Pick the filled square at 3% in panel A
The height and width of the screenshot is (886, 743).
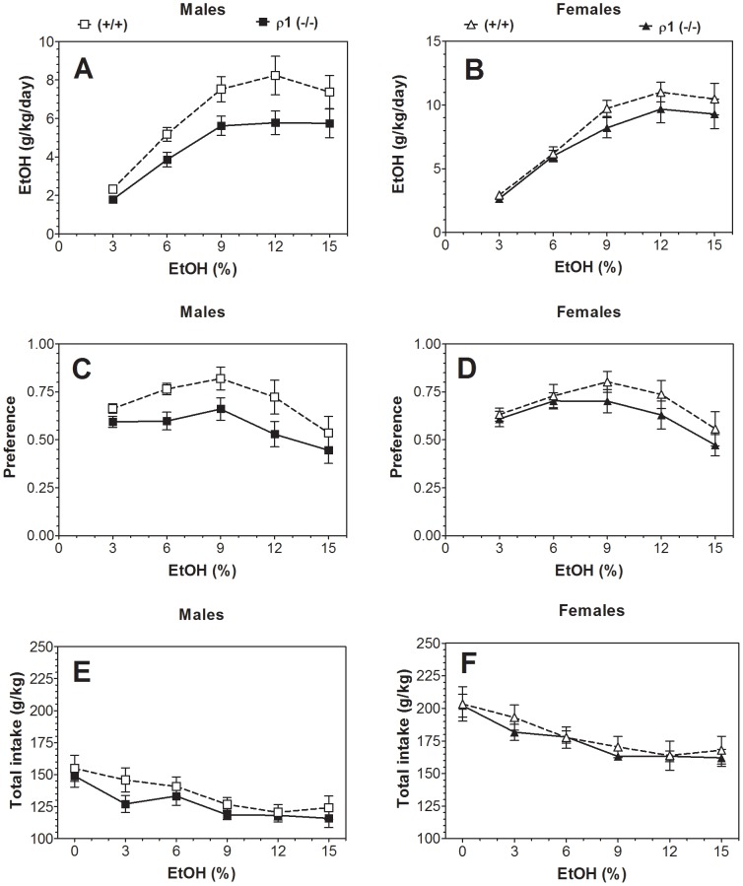click(x=113, y=199)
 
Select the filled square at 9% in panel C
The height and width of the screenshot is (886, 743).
click(x=222, y=409)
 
